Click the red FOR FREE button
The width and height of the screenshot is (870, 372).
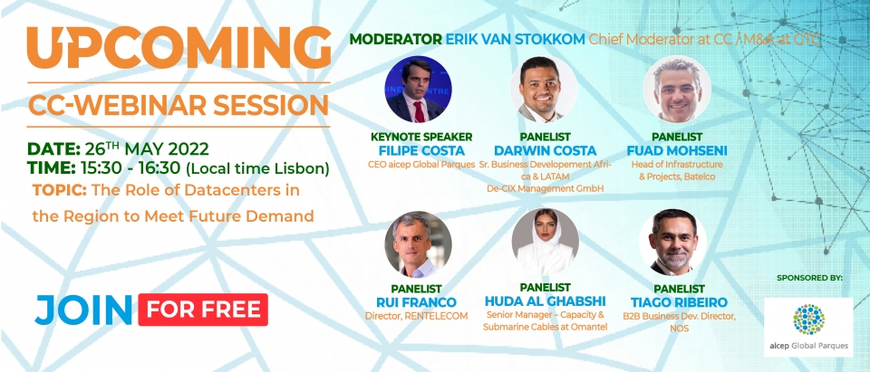pos(203,310)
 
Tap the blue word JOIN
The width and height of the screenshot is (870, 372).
pos(83,310)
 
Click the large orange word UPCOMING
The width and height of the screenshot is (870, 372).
pos(179,48)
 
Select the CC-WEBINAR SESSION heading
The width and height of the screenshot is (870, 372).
pos(179,105)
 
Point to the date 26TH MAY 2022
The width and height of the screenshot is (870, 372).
pos(147,149)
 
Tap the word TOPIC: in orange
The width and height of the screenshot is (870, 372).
pos(60,190)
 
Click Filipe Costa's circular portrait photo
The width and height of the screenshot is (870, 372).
pos(418,89)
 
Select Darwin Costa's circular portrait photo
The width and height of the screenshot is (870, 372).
pos(544,89)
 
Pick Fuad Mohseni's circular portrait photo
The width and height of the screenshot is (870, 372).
pos(677,89)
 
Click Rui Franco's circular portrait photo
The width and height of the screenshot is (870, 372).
pos(418,244)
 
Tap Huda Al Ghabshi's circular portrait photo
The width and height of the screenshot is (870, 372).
pos(545,242)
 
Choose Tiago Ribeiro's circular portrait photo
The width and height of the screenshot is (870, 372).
pos(672,243)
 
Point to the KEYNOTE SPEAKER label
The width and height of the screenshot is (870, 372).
pos(421,137)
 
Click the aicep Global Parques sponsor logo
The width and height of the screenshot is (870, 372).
pos(808,327)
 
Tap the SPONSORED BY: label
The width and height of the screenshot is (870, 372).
pos(809,277)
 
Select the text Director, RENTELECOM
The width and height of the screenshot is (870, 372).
pos(416,316)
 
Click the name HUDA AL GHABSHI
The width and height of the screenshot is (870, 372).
pos(545,301)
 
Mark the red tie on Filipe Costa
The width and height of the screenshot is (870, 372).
pos(419,111)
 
